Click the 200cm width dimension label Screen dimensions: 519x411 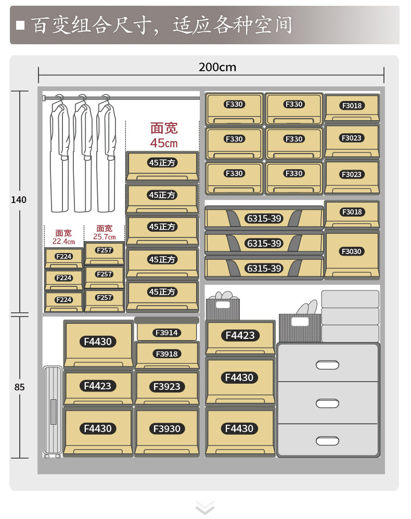coord(217,67)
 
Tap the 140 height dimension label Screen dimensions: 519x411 coord(19,200)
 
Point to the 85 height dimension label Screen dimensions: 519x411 coord(20,387)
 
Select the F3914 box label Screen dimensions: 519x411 coord(166,333)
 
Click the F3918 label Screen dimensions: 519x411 coord(166,354)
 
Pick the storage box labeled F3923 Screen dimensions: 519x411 coord(166,386)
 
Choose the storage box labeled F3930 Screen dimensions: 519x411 coord(166,428)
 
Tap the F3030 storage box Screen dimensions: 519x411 coord(352,251)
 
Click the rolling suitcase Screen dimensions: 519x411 coord(53,412)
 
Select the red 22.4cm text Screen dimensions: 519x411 coord(63,242)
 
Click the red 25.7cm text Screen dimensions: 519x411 coord(105,237)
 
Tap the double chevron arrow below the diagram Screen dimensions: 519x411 coord(205,507)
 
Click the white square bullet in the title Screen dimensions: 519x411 coord(21,26)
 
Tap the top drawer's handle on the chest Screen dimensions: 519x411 coord(328,364)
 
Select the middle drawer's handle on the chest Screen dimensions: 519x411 coord(328,403)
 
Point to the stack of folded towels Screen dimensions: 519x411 coord(350,315)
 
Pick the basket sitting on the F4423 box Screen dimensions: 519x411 coord(223,308)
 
